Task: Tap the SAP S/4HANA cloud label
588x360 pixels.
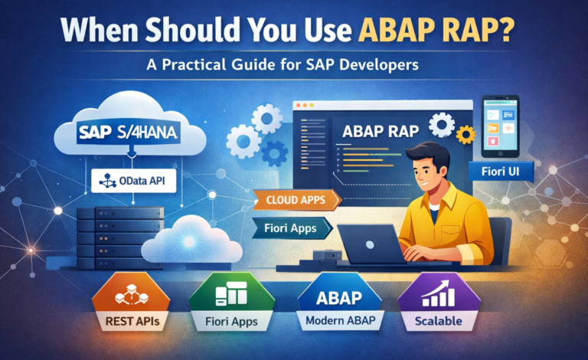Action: (129, 133)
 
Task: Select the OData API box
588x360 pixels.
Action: (134, 181)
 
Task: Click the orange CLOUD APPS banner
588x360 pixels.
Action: (297, 199)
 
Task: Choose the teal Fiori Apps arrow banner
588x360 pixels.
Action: (292, 228)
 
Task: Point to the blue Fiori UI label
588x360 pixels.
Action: (501, 172)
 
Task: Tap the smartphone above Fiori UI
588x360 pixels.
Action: (501, 126)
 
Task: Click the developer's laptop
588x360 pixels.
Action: (371, 244)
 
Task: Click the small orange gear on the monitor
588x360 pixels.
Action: (465, 135)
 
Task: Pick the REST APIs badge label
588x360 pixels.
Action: (132, 322)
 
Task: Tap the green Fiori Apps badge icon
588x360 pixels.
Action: (231, 293)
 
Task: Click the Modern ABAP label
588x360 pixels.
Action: (341, 321)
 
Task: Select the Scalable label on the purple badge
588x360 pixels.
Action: (439, 321)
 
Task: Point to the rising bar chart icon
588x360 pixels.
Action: (439, 293)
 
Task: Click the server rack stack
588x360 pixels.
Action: (120, 238)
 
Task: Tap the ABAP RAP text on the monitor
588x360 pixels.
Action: (381, 132)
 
